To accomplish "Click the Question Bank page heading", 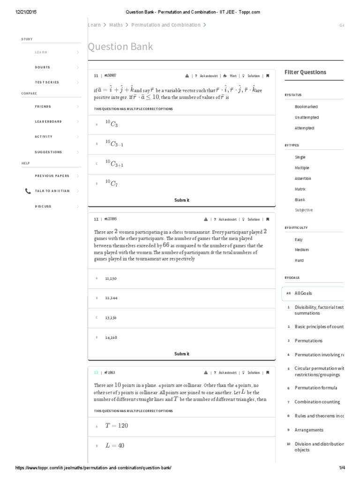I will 120,47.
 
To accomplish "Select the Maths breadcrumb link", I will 116,25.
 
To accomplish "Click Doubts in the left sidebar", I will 43,67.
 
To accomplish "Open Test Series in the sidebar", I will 47,82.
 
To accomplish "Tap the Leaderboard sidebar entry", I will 48,121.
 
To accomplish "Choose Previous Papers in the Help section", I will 52,176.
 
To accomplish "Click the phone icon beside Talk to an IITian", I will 28,191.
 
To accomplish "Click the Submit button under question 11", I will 181,200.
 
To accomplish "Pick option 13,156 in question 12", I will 111,317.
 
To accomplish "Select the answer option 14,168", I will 111,337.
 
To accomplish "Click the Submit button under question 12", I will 181,354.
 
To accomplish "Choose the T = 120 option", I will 116,426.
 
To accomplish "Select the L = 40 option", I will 114,446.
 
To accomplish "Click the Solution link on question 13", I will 253,373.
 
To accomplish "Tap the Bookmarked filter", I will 306,107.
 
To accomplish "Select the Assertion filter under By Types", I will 303,179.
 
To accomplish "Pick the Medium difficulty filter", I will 302,250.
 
